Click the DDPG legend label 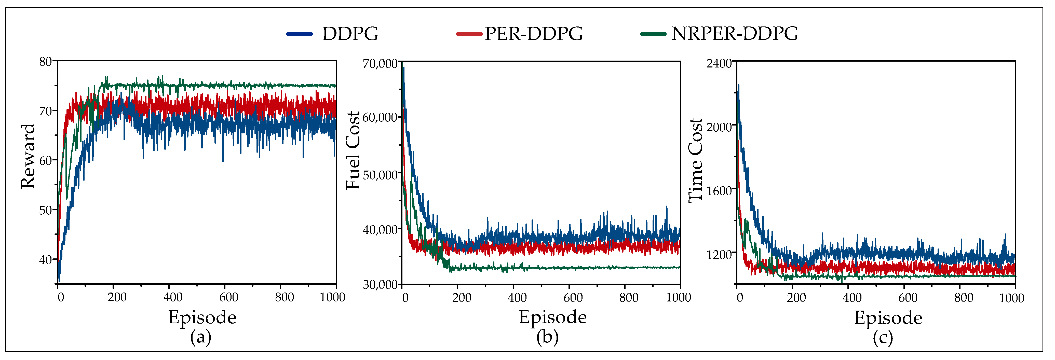tap(350, 34)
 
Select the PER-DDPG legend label tap(534, 34)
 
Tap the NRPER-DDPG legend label tap(735, 34)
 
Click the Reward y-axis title tap(28, 157)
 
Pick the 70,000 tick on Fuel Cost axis tap(380, 63)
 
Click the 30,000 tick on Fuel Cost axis tap(380, 284)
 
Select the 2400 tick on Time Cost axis tap(719, 63)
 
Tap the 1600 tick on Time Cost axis tap(719, 191)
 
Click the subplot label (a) tap(201, 338)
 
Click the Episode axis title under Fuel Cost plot tap(552, 317)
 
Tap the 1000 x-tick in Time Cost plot tap(1011, 298)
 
